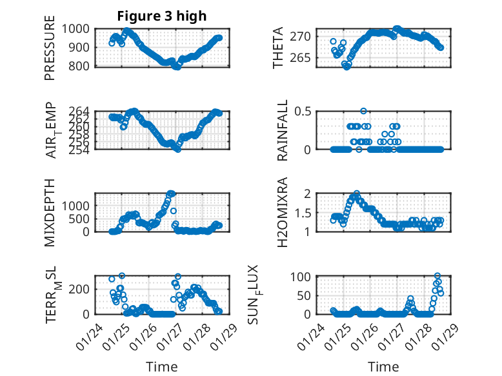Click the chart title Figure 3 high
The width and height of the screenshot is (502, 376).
click(x=161, y=16)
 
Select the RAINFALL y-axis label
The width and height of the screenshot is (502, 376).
click(x=283, y=130)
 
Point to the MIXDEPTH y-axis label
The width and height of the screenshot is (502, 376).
click(x=50, y=212)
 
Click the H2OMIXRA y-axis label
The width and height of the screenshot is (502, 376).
click(x=283, y=212)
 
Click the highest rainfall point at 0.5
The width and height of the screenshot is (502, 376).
click(x=363, y=112)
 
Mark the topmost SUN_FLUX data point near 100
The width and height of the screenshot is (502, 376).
click(x=437, y=276)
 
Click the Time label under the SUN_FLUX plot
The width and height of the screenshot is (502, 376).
click(x=383, y=366)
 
